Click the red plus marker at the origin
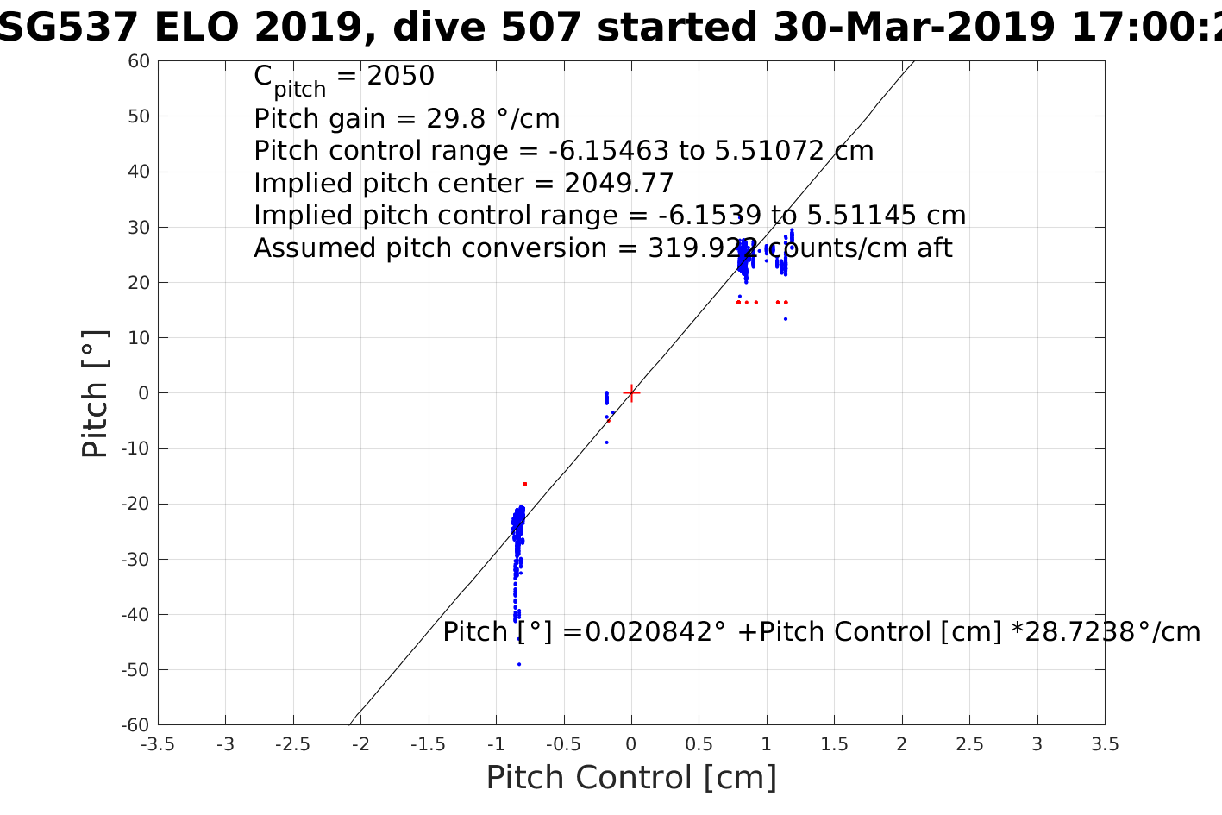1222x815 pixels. [x=631, y=392]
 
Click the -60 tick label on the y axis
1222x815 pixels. [x=136, y=725]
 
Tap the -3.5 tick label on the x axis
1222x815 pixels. [x=157, y=744]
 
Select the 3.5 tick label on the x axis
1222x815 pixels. [x=1105, y=744]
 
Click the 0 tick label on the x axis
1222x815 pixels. [x=631, y=744]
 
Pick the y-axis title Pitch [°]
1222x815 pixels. [x=95, y=393]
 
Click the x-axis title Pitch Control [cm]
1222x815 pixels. [x=631, y=778]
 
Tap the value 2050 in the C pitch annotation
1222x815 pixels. [x=401, y=77]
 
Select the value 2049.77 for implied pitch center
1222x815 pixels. [x=619, y=184]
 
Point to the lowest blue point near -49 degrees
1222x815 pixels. [x=519, y=664]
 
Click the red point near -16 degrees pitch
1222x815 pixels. [x=524, y=484]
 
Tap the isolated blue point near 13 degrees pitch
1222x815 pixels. [x=786, y=319]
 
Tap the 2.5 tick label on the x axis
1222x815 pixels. [x=969, y=744]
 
